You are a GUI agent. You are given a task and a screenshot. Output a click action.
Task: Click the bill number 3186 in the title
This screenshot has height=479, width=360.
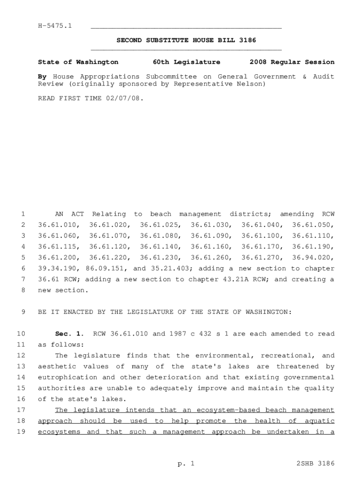pos(247,41)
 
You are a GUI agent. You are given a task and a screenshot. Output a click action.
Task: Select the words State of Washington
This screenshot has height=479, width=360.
pos(78,62)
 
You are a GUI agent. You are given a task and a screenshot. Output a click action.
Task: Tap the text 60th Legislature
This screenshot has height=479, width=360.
pos(187,62)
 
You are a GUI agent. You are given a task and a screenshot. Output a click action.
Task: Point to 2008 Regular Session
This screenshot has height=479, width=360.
pos(292,62)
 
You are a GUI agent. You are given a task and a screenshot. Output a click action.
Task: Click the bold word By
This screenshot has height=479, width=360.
pos(42,76)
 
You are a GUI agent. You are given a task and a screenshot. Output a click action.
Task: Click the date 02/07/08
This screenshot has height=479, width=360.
pos(126,99)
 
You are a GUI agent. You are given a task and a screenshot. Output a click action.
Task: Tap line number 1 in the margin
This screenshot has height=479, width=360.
pos(23,214)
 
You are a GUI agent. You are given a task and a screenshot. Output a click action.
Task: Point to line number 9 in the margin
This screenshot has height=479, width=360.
pos(23,312)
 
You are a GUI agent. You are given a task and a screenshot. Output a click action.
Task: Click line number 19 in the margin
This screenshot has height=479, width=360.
pos(21,432)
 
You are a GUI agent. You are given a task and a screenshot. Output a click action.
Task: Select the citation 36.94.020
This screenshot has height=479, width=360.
pos(313,258)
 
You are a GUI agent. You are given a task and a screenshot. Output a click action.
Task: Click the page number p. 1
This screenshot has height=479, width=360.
pos(186,464)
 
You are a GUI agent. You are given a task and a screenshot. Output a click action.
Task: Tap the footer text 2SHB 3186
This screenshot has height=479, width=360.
pos(316,464)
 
